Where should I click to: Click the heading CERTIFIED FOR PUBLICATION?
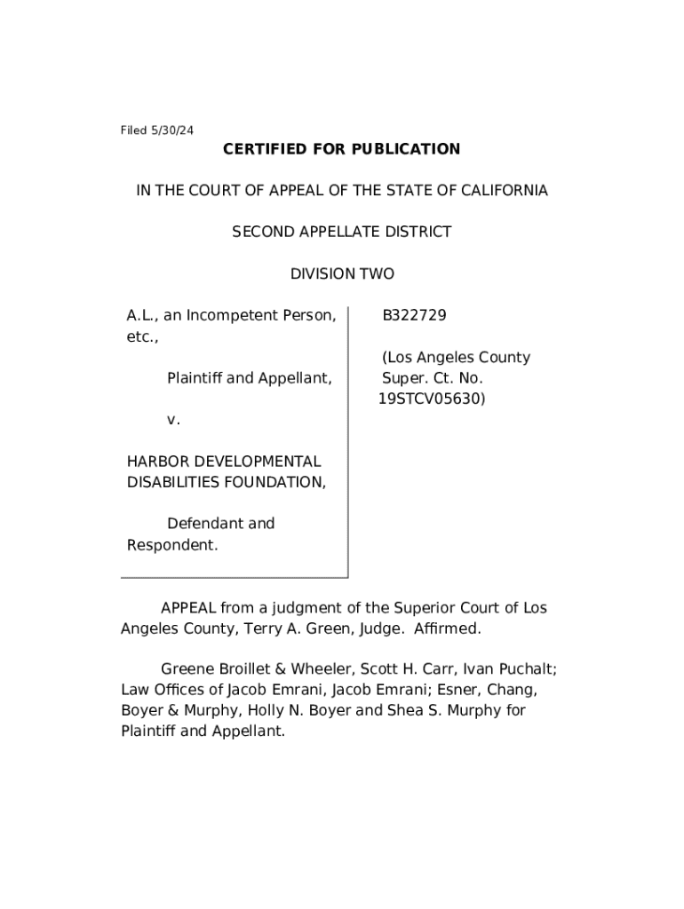341,149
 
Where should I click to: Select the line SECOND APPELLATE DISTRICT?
341,233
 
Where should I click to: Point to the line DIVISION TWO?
341,274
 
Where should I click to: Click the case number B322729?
414,316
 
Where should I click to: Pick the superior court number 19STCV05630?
432,399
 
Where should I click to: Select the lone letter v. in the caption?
173,420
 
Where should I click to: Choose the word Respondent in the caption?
171,545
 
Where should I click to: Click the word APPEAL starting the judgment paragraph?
187,608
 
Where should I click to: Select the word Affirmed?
448,629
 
